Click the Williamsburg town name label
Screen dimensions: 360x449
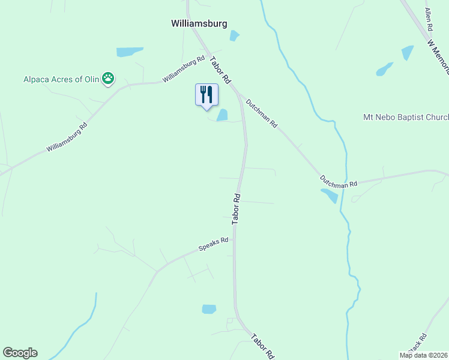click(199, 24)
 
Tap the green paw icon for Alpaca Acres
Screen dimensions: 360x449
click(108, 77)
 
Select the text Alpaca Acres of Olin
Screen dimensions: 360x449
click(62, 78)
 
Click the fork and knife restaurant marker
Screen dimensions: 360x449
click(206, 95)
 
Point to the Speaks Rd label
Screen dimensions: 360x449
click(214, 244)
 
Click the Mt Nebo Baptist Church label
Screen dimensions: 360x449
click(406, 117)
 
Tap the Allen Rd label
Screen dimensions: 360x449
click(429, 20)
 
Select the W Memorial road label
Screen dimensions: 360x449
click(439, 56)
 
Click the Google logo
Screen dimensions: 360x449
click(20, 353)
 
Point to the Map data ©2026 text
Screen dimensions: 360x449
click(423, 355)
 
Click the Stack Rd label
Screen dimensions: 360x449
click(415, 344)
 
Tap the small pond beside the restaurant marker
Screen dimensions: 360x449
click(222, 115)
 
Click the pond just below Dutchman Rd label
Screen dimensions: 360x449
click(330, 196)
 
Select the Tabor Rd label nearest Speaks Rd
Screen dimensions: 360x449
click(237, 209)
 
